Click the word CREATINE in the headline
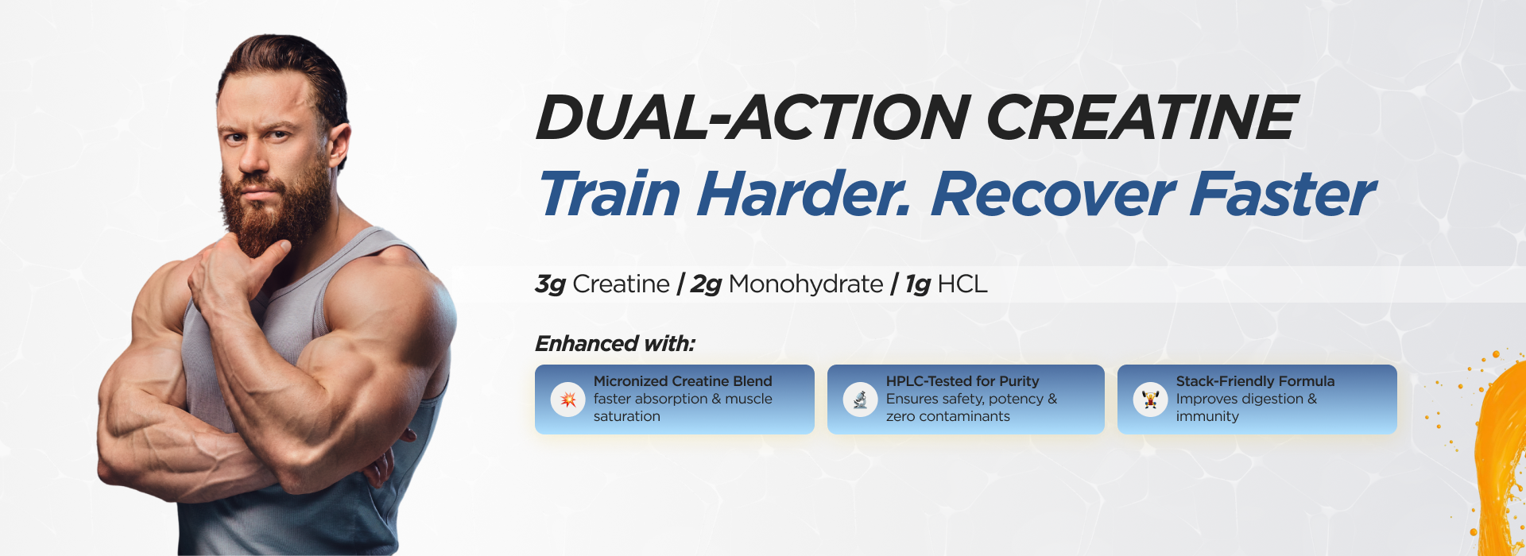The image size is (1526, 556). pyautogui.click(x=1142, y=118)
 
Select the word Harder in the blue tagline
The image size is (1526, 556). pyautogui.click(x=804, y=194)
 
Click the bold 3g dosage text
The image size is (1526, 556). pyautogui.click(x=551, y=284)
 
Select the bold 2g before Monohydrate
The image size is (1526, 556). pyautogui.click(x=706, y=284)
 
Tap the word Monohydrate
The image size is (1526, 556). pyautogui.click(x=806, y=284)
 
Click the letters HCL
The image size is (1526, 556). pyautogui.click(x=962, y=284)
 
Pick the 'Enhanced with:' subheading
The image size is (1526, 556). pyautogui.click(x=615, y=344)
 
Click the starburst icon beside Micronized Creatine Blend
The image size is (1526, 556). pyautogui.click(x=568, y=399)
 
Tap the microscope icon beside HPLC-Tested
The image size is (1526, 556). pyautogui.click(x=860, y=399)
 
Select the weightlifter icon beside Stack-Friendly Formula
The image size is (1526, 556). pyautogui.click(x=1150, y=399)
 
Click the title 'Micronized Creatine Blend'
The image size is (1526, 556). pyautogui.click(x=683, y=381)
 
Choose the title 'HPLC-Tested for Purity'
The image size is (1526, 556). pyautogui.click(x=962, y=381)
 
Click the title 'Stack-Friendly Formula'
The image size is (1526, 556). pyautogui.click(x=1255, y=381)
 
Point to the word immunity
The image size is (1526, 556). pyautogui.click(x=1207, y=416)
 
